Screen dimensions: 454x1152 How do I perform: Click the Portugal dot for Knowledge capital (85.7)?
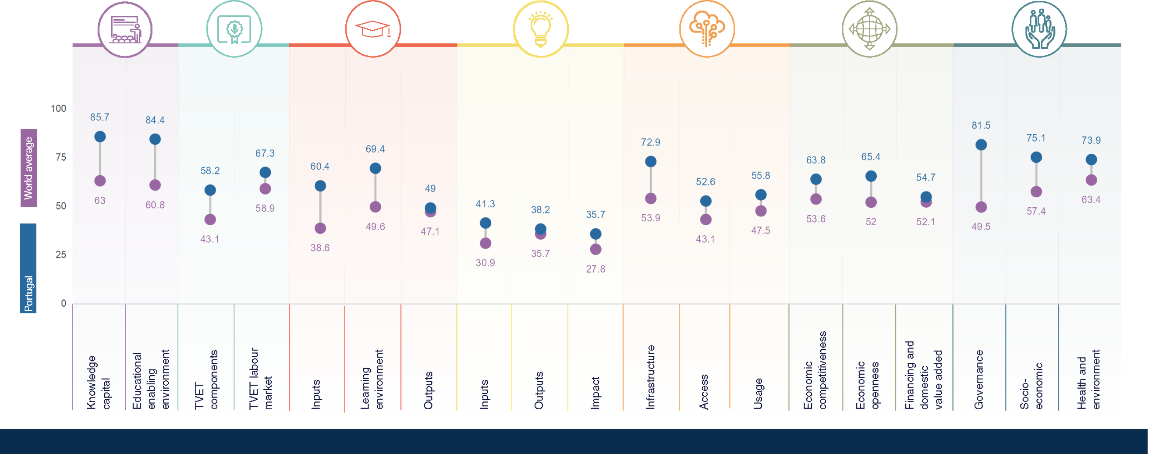tap(100, 136)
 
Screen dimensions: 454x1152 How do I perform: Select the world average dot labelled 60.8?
tap(155, 185)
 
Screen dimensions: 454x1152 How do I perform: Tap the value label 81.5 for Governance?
tap(981, 126)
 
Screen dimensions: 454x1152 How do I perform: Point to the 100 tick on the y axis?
tap(59, 109)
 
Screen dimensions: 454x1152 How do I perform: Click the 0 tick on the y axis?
tap(64, 303)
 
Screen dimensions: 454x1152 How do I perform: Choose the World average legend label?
tap(28, 168)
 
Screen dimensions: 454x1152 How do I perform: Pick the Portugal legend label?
tap(28, 294)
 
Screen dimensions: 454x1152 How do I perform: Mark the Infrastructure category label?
tap(651, 377)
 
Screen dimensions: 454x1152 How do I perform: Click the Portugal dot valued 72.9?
tap(651, 161)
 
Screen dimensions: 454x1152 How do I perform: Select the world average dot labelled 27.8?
tap(595, 249)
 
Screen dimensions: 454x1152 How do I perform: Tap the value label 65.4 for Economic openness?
tap(871, 157)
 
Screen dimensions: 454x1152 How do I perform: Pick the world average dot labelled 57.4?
tap(1036, 192)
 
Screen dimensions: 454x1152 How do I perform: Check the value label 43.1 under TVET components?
tap(210, 239)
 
